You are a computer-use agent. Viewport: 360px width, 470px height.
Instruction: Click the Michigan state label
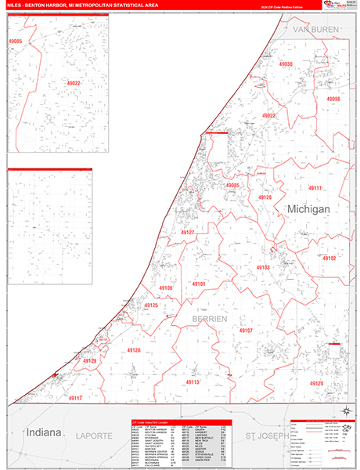[308, 210]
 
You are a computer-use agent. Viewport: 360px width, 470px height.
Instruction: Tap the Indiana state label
[44, 432]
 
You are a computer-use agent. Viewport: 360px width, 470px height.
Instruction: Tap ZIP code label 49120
[316, 382]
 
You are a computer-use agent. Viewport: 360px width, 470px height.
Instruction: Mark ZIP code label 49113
[193, 382]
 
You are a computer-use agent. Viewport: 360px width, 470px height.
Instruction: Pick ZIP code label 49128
[132, 351]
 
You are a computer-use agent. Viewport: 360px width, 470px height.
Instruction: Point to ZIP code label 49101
[198, 284]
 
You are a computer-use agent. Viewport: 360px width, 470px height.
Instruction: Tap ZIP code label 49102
[329, 257]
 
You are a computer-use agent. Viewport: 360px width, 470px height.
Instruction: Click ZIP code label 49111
[314, 189]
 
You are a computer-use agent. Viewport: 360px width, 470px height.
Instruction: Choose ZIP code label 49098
[333, 99]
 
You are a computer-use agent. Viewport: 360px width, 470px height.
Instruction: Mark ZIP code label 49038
[285, 64]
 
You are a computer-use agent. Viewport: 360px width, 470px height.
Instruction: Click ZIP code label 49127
[187, 233]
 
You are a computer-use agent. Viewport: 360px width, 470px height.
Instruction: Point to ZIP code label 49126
[265, 197]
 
